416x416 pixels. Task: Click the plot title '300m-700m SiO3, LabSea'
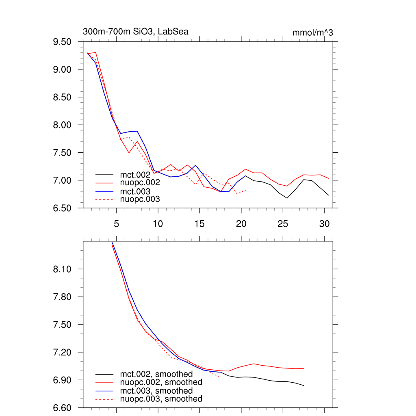coord(135,32)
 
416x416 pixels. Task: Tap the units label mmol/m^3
coord(312,32)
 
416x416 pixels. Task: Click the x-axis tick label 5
coord(116,223)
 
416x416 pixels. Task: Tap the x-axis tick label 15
coord(199,223)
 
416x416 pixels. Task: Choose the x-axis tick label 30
coord(324,223)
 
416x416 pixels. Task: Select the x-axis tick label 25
coord(283,223)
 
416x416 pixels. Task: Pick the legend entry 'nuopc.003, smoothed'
coord(161,399)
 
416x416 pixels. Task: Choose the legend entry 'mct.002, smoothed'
coord(156,374)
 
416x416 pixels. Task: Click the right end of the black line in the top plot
coord(328,195)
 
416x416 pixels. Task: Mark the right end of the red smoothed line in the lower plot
coord(303,368)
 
